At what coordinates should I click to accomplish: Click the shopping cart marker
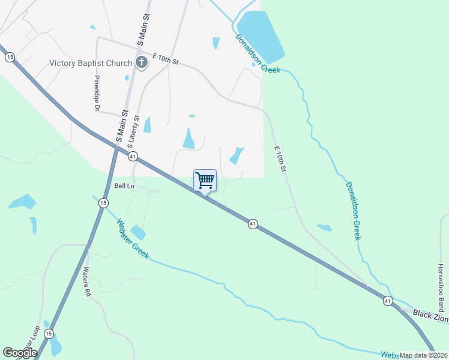click(205, 180)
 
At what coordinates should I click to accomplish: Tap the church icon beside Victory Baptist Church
click(142, 62)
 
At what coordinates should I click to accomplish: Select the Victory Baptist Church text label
click(91, 62)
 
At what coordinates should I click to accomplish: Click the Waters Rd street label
click(87, 282)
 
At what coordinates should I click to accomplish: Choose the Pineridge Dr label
click(96, 93)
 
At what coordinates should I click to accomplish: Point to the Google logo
click(20, 353)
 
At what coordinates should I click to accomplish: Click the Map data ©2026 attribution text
click(424, 355)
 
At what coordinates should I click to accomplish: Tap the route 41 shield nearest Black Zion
click(388, 301)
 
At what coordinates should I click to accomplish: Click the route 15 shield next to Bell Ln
click(103, 203)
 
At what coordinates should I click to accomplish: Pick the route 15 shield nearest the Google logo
click(49, 334)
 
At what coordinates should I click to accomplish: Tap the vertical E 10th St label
click(279, 160)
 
